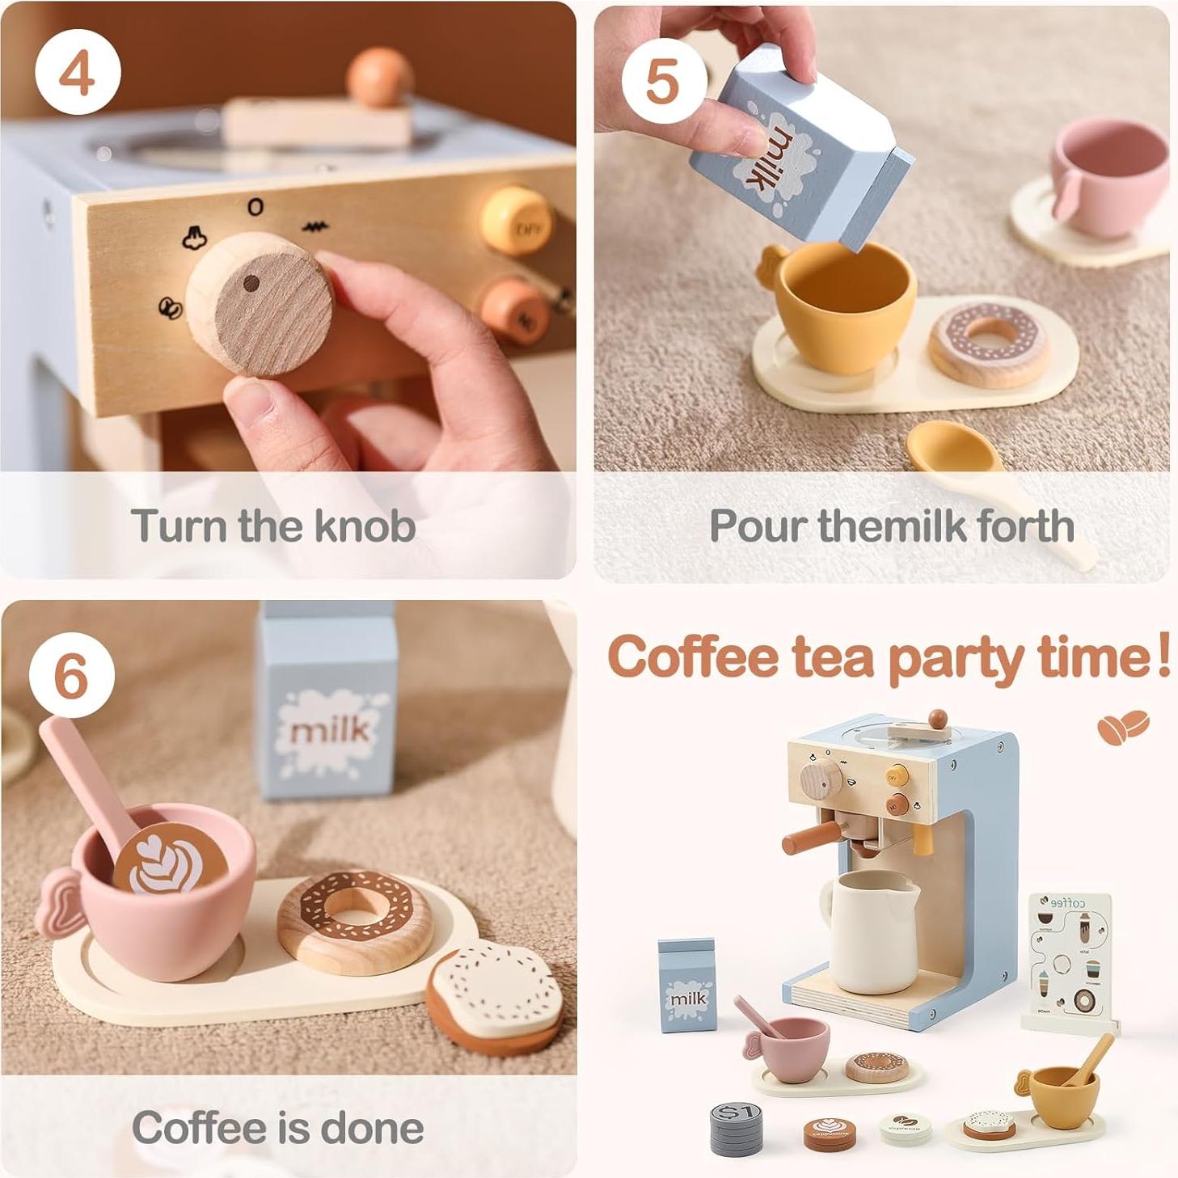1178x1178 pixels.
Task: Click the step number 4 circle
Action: tap(78, 72)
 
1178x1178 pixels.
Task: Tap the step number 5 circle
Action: tap(663, 80)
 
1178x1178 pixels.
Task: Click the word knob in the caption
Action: tap(365, 526)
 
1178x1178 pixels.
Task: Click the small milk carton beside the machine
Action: tap(687, 986)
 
